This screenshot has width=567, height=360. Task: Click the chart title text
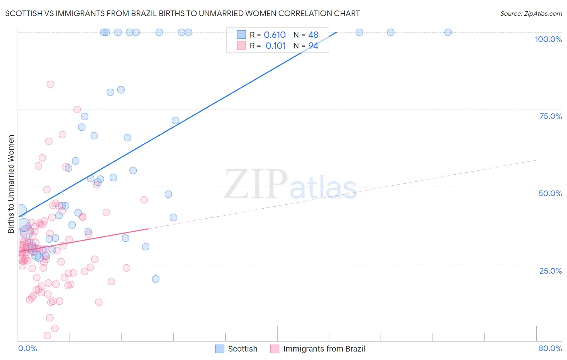(x=182, y=13)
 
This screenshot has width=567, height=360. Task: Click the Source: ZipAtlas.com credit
(x=531, y=13)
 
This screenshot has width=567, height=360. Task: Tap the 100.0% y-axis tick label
(x=548, y=39)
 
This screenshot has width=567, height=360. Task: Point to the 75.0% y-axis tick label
(x=550, y=116)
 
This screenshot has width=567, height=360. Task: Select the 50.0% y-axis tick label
(x=550, y=193)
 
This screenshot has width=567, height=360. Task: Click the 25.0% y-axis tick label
(x=550, y=270)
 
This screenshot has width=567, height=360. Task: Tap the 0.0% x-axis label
(x=27, y=348)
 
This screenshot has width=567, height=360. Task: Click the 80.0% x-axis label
(x=550, y=348)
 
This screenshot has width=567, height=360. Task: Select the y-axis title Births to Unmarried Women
(x=11, y=184)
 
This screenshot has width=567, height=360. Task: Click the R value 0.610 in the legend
(x=275, y=35)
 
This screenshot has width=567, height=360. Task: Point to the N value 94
(x=313, y=46)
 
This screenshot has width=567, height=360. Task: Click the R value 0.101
(x=276, y=46)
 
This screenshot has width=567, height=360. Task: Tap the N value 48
(x=313, y=35)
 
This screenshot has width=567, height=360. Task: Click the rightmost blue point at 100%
(x=448, y=32)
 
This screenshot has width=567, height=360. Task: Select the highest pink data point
(x=50, y=84)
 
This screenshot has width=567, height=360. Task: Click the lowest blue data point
(x=156, y=279)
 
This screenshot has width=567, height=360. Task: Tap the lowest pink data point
(x=47, y=335)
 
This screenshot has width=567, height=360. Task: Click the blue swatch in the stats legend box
(x=241, y=35)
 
